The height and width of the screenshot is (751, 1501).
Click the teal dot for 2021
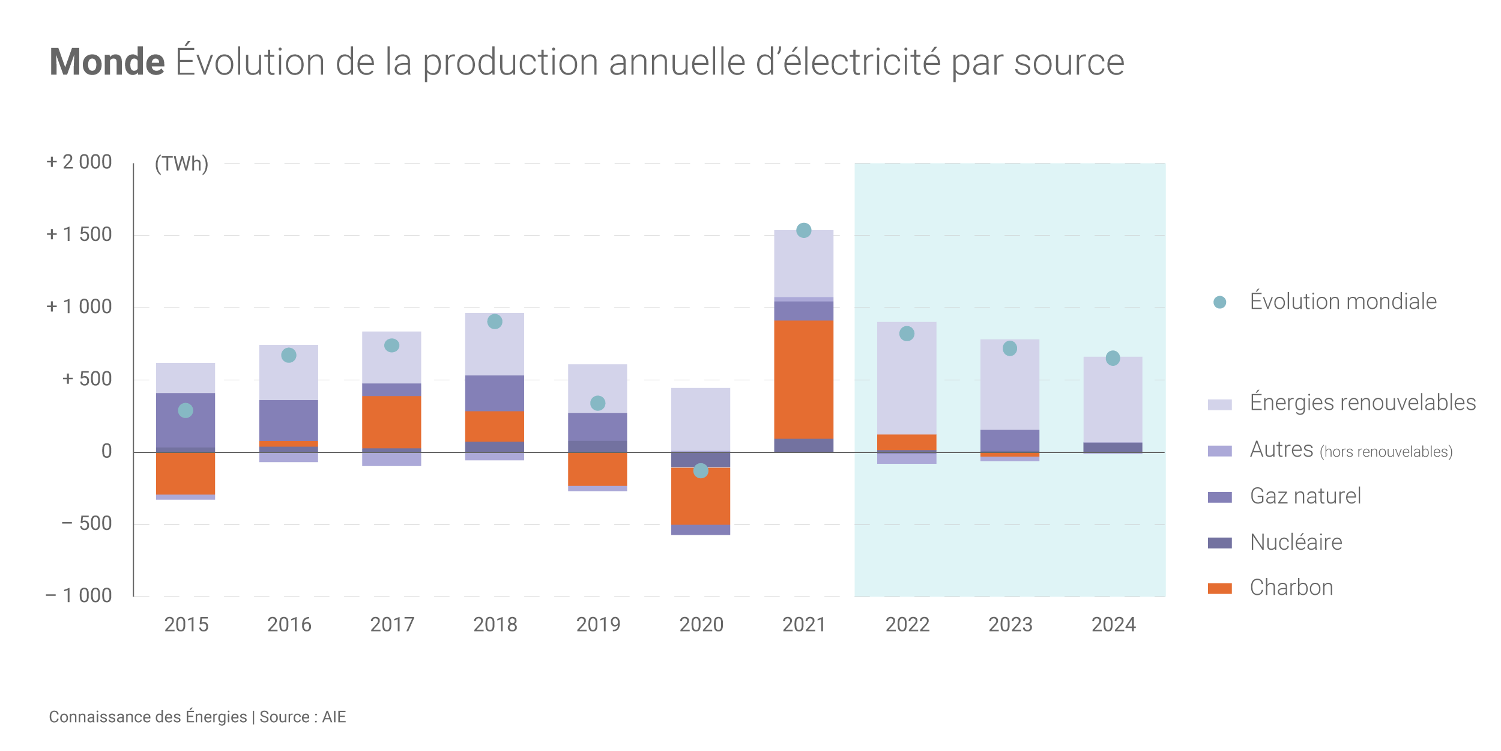point(803,230)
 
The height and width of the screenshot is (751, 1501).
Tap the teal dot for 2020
point(701,470)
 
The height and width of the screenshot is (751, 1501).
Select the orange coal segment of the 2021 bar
point(803,379)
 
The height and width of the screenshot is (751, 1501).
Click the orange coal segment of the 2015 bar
point(186,473)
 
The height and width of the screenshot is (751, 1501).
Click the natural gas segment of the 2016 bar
point(289,420)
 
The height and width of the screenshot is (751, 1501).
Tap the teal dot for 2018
point(495,321)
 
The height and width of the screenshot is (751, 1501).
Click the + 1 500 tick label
point(79,234)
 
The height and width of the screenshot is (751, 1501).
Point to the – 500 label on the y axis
point(86,523)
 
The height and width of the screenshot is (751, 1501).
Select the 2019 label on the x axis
point(598,625)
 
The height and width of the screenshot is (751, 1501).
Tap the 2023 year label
point(1010,625)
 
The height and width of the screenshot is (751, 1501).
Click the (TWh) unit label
point(181,163)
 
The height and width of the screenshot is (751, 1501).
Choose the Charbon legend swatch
point(1219,588)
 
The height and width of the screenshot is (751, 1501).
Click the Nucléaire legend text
point(1296,542)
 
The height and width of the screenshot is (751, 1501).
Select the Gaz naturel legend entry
point(1305,496)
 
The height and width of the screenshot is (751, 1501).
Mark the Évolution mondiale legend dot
point(1219,302)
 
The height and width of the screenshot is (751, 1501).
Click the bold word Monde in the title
point(107,62)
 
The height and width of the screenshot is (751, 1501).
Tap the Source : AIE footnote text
point(303,717)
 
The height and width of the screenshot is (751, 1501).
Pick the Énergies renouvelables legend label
point(1362,402)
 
